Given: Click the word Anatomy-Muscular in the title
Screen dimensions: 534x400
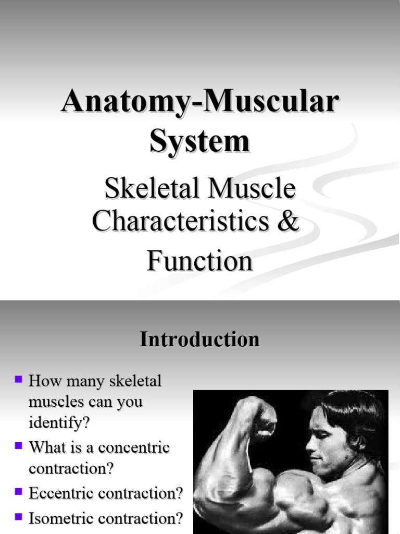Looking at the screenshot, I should [200, 102].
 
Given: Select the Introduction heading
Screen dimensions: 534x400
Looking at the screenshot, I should [200, 339].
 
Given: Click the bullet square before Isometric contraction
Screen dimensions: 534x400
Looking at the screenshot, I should [19, 517].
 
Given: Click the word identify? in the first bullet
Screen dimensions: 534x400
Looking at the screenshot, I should [59, 423].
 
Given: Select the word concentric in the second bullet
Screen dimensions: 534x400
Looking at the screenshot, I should [134, 447].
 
